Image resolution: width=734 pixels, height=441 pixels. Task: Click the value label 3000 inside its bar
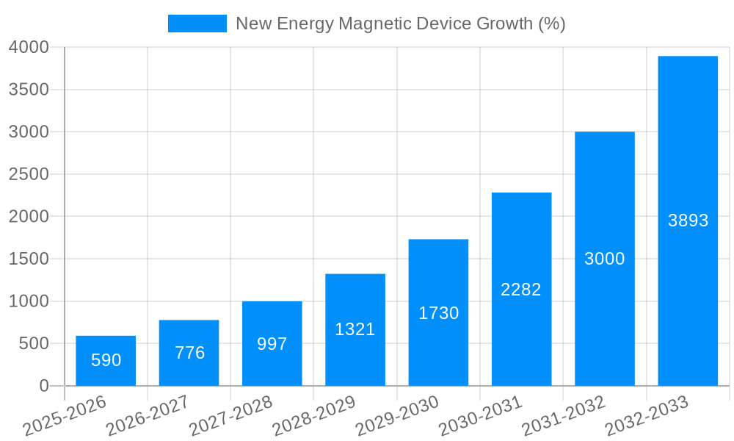coord(604,259)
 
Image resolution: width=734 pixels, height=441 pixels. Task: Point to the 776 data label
coord(189,353)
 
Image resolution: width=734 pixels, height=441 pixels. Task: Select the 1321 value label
coord(355,329)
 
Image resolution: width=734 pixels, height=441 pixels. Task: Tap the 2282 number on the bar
coord(520,290)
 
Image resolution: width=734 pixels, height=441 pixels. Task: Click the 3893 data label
coord(688,220)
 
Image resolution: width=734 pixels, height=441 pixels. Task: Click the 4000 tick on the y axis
coord(29,47)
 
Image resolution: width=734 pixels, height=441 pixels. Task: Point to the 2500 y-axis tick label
coord(29,174)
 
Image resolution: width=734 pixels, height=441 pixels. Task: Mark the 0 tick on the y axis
coord(44,386)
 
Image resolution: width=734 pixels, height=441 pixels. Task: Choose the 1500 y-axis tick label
coord(29,259)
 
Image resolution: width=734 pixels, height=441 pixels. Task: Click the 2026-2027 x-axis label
coord(148,416)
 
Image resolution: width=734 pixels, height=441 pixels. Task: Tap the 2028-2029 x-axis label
coord(314,416)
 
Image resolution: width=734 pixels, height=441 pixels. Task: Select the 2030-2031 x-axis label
coord(480,416)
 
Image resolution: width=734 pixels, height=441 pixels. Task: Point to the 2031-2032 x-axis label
coord(563,416)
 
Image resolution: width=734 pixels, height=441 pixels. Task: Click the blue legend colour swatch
coord(197,24)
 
